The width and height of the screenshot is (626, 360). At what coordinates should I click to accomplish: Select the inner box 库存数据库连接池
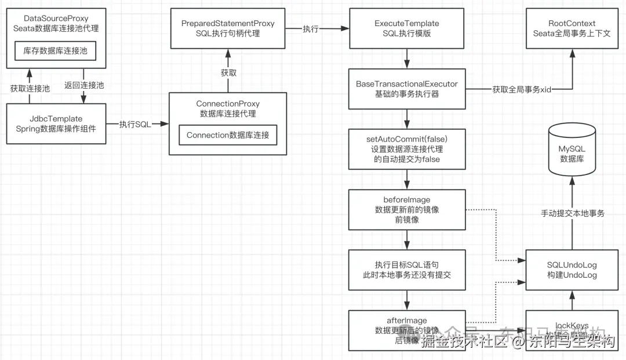[56, 51]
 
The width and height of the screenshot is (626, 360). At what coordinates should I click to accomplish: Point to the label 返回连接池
[84, 85]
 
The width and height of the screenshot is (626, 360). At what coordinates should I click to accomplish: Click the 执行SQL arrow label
[135, 124]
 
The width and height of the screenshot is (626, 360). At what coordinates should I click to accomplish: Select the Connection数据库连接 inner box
[228, 135]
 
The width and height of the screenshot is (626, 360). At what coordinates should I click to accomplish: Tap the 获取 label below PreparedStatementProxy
[228, 73]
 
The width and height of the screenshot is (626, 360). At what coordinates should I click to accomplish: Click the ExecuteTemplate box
[406, 28]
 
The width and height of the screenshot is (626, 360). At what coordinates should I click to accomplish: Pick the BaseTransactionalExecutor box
[406, 89]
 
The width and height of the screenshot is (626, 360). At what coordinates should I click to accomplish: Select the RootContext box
[572, 28]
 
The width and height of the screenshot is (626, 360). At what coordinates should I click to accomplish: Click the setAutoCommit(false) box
[406, 149]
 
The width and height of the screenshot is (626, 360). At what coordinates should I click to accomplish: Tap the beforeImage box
[406, 209]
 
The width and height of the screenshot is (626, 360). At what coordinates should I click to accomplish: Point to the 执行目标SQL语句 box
[406, 270]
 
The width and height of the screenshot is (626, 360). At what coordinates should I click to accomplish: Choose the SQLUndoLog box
[572, 270]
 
